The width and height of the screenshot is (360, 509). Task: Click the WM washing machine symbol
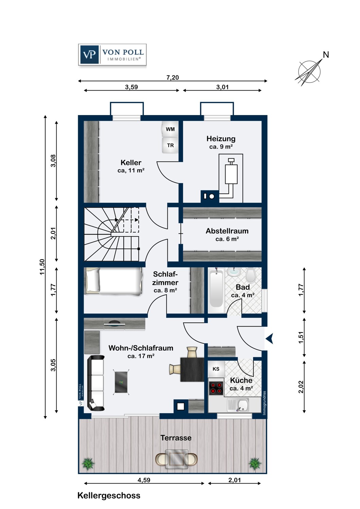pyautogui.click(x=170, y=129)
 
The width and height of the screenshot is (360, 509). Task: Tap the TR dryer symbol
pyautogui.click(x=170, y=146)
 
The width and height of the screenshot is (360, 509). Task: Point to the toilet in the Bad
pyautogui.click(x=251, y=275)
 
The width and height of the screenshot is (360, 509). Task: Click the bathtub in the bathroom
pyautogui.click(x=216, y=290)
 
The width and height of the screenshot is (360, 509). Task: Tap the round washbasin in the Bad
pyautogui.click(x=232, y=272)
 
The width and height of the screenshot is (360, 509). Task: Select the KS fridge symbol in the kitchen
pyautogui.click(x=216, y=369)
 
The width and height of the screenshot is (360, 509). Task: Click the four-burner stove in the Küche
pyautogui.click(x=216, y=389)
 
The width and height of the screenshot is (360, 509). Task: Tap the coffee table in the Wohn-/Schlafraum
pyautogui.click(x=121, y=382)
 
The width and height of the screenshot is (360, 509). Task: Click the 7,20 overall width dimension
pyautogui.click(x=173, y=78)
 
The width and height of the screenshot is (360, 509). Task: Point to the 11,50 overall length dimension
pyautogui.click(x=42, y=267)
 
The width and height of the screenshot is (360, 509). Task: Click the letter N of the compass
pyautogui.click(x=326, y=55)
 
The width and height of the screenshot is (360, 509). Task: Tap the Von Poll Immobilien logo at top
pyautogui.click(x=112, y=55)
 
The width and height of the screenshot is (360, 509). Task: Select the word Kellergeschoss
pyautogui.click(x=109, y=495)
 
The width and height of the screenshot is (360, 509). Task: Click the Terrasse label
pyautogui.click(x=176, y=438)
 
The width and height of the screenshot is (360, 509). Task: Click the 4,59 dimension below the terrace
pyautogui.click(x=144, y=480)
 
